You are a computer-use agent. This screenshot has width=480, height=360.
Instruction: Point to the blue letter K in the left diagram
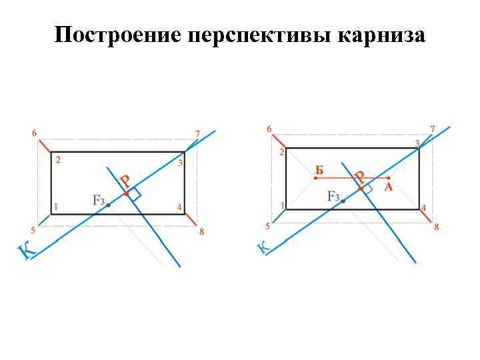pos(27,251)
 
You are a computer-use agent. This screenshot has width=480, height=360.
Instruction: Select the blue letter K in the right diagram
pos(264,248)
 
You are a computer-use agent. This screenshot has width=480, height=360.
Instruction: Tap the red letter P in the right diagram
pos(360,176)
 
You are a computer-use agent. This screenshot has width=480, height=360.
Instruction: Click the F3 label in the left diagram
pos(98,200)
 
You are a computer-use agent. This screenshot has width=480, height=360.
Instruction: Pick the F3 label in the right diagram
pos(334,196)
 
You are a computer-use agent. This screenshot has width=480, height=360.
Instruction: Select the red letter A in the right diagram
pos(389,188)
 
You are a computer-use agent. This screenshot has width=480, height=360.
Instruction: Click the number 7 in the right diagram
pos(433,128)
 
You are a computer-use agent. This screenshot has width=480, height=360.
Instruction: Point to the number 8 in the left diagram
pos(201,231)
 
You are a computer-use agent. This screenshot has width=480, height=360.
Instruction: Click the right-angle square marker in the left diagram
pos(135,194)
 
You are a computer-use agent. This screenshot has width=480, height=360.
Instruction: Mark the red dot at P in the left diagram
pos(127,193)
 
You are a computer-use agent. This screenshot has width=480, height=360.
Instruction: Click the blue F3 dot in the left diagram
pos(108,206)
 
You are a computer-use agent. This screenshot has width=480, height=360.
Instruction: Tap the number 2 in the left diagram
pos(58,160)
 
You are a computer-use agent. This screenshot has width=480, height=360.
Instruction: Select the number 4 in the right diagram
pos(424,208)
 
